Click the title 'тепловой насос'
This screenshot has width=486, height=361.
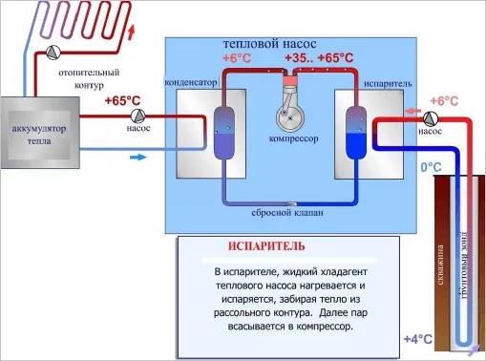pyautogui.click(x=264, y=44)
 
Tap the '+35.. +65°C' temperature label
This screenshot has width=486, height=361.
pyautogui.click(x=325, y=58)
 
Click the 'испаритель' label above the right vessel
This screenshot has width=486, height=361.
pyautogui.click(x=387, y=83)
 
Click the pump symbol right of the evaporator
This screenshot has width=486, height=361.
pyautogui.click(x=430, y=118)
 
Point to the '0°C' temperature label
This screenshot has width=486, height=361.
pyautogui.click(x=433, y=167)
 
